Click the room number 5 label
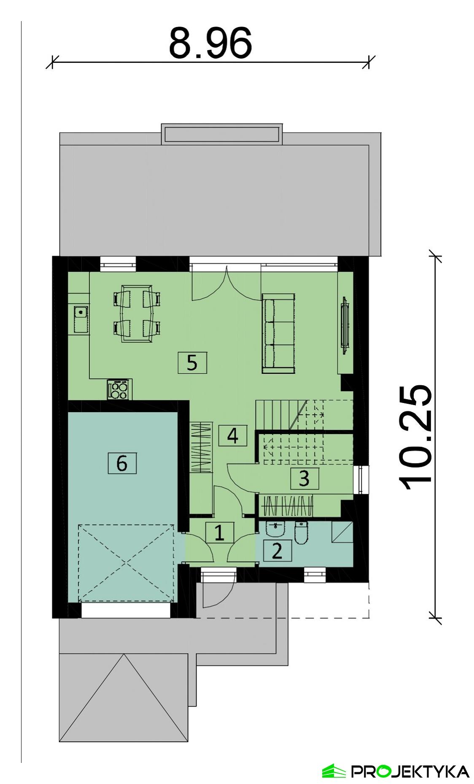point(192,362)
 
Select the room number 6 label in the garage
point(121,463)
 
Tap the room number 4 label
point(233,435)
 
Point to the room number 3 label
point(304,478)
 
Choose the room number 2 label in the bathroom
point(277,550)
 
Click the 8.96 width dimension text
point(210,43)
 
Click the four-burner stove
point(119,389)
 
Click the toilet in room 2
point(301,533)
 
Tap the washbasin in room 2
point(276,529)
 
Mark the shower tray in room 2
point(342,533)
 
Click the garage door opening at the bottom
point(126,610)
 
